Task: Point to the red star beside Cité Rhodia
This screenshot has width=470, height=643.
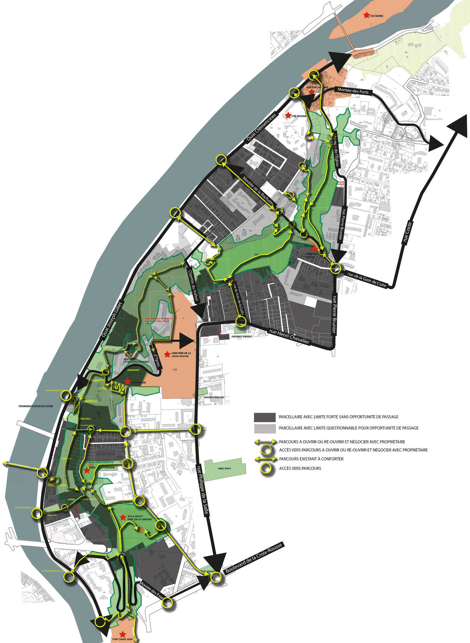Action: tap(288, 115)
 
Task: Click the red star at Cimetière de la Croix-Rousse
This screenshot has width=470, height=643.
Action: tap(167, 354)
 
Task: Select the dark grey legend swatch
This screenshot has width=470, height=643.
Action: tap(265, 417)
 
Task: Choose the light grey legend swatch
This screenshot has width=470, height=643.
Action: tap(265, 428)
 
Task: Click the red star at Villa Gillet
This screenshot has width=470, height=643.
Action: tap(123, 517)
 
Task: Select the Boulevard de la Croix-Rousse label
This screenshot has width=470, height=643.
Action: tap(253, 558)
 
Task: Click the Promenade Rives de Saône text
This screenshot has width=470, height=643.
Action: tap(35, 406)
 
